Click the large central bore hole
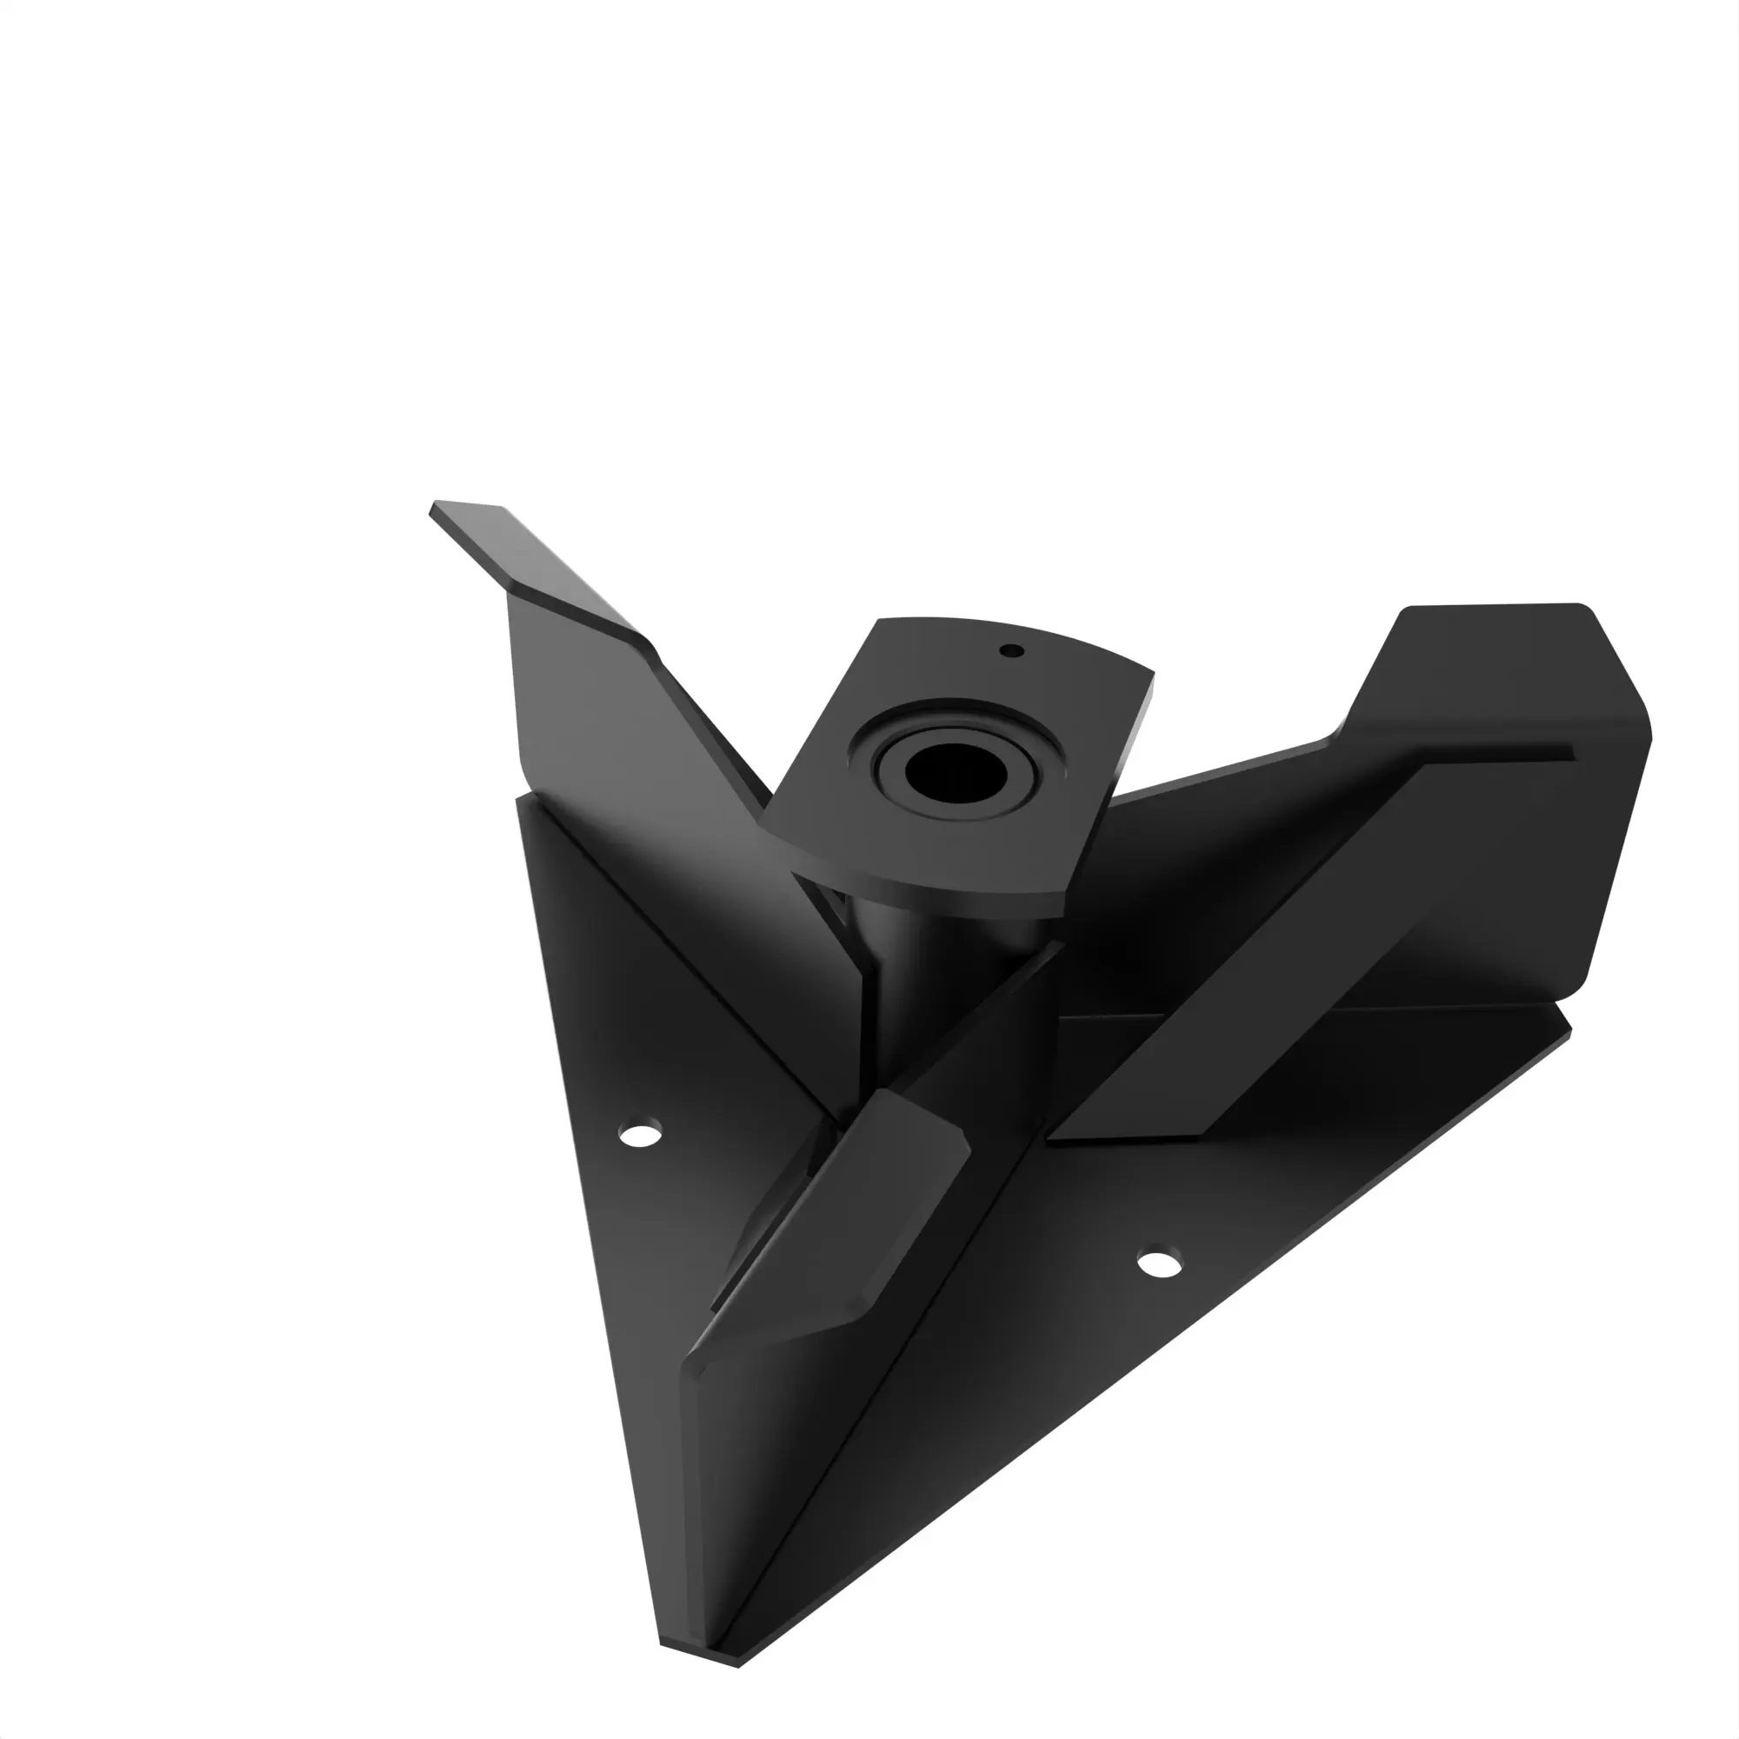(x=955, y=773)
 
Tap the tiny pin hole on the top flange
(x=1012, y=650)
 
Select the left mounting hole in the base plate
(x=640, y=1133)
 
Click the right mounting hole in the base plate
(x=1159, y=1263)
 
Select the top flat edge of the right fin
(x=1494, y=608)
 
